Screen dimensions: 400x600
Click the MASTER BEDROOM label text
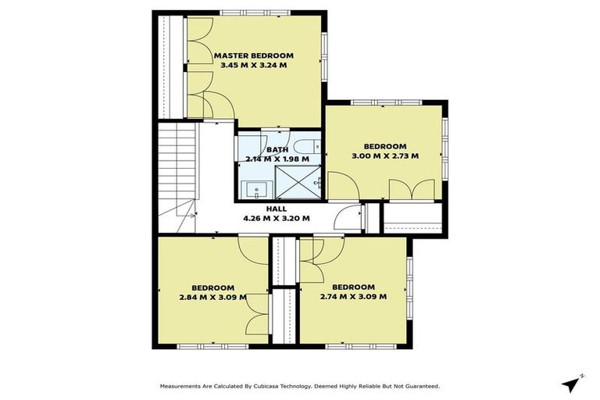253,55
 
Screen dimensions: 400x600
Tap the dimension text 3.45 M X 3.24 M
253,66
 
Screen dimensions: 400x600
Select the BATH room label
277,149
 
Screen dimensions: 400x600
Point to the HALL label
276,209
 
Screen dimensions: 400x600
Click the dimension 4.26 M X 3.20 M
276,218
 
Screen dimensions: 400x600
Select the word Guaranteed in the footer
419,386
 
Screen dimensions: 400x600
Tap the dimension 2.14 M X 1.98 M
277,159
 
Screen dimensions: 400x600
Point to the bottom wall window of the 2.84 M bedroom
202,345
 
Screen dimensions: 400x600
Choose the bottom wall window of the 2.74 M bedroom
347,345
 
